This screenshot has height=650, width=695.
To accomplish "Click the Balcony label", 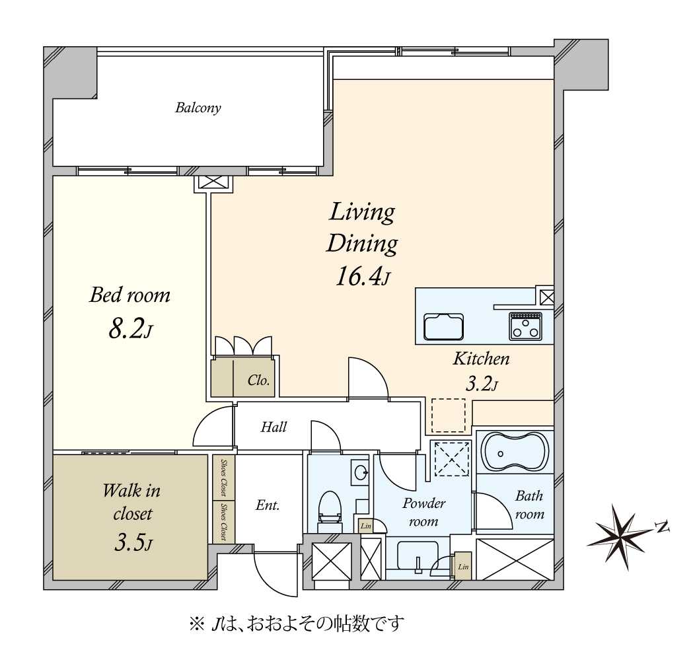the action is click(x=198, y=108).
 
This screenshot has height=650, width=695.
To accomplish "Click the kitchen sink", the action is click(x=444, y=326).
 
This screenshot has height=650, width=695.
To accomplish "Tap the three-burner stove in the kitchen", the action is click(x=525, y=326).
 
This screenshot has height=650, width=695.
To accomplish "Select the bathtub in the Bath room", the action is click(x=515, y=452).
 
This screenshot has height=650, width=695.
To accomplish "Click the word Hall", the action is click(x=274, y=427).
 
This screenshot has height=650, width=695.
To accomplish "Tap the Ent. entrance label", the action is click(x=268, y=505).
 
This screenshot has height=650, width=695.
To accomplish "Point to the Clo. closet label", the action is click(x=258, y=380).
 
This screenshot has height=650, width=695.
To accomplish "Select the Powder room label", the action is click(x=423, y=512).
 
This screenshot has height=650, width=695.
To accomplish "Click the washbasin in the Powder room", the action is click(x=418, y=557).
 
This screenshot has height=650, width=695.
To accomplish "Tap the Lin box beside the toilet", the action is click(x=366, y=526).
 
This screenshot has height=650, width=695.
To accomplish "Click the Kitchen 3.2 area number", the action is click(x=482, y=384).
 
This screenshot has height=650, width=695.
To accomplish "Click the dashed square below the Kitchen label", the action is click(x=449, y=415).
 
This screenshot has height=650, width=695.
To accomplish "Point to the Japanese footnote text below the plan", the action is click(x=297, y=624).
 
